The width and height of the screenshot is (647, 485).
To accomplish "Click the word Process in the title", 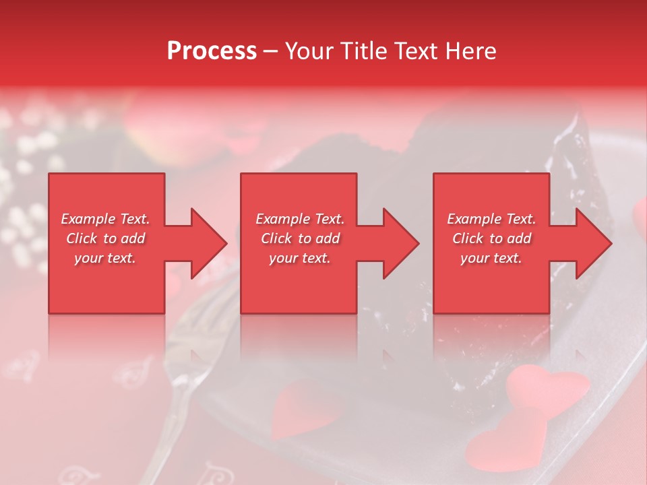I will pos(212,51).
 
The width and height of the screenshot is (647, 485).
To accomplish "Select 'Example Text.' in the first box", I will pos(105,219).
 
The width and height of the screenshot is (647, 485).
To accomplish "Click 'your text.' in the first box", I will pos(105,258).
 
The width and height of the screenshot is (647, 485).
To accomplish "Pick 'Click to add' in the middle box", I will pos(300,238).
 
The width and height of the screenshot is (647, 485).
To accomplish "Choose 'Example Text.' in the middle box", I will pos(300,219).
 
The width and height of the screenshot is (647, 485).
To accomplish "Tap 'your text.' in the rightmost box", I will pos(491,258).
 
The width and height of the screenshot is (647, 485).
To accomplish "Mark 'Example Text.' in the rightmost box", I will pos(491,219).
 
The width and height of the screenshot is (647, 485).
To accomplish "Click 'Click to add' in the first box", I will pos(105,238).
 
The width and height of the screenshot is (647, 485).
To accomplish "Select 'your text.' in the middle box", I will pos(300,258).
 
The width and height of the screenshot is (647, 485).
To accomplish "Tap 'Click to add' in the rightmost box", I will pos(491,238).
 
